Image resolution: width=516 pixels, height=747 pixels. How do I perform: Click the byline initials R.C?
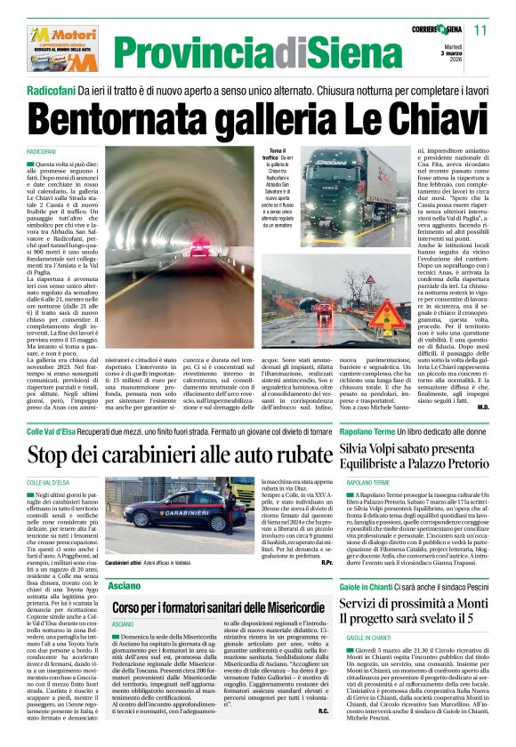pyautogui.click(x=323, y=711)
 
